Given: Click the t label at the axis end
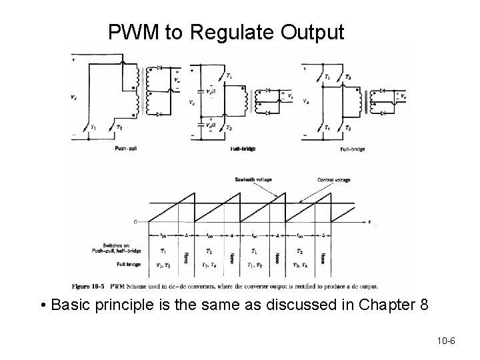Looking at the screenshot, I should pos(371,221).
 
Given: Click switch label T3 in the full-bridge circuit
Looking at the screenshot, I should pos(349,77).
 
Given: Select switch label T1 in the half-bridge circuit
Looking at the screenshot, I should pos(229,77).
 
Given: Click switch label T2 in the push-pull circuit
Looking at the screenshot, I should pos(119,127).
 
